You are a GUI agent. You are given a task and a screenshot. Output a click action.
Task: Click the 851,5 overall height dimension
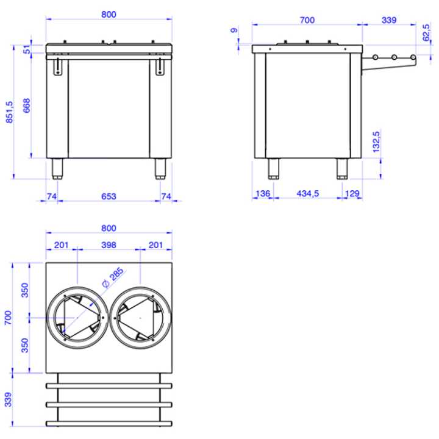click(10, 112)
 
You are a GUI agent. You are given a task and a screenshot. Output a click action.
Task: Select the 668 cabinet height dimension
click(27, 105)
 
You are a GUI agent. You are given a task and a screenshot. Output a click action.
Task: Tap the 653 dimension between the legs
click(109, 196)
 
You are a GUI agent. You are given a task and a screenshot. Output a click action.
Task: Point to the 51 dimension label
click(27, 49)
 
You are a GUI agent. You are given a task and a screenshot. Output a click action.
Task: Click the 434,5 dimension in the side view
click(308, 193)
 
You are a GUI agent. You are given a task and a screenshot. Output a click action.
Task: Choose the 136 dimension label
click(263, 193)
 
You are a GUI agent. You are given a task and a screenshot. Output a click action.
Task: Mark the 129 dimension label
click(352, 193)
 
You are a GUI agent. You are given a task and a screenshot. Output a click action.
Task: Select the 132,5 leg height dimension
click(376, 141)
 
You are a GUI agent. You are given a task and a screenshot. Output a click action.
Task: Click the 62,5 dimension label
click(426, 33)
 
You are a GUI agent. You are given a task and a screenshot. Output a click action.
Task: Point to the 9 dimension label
click(234, 30)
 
